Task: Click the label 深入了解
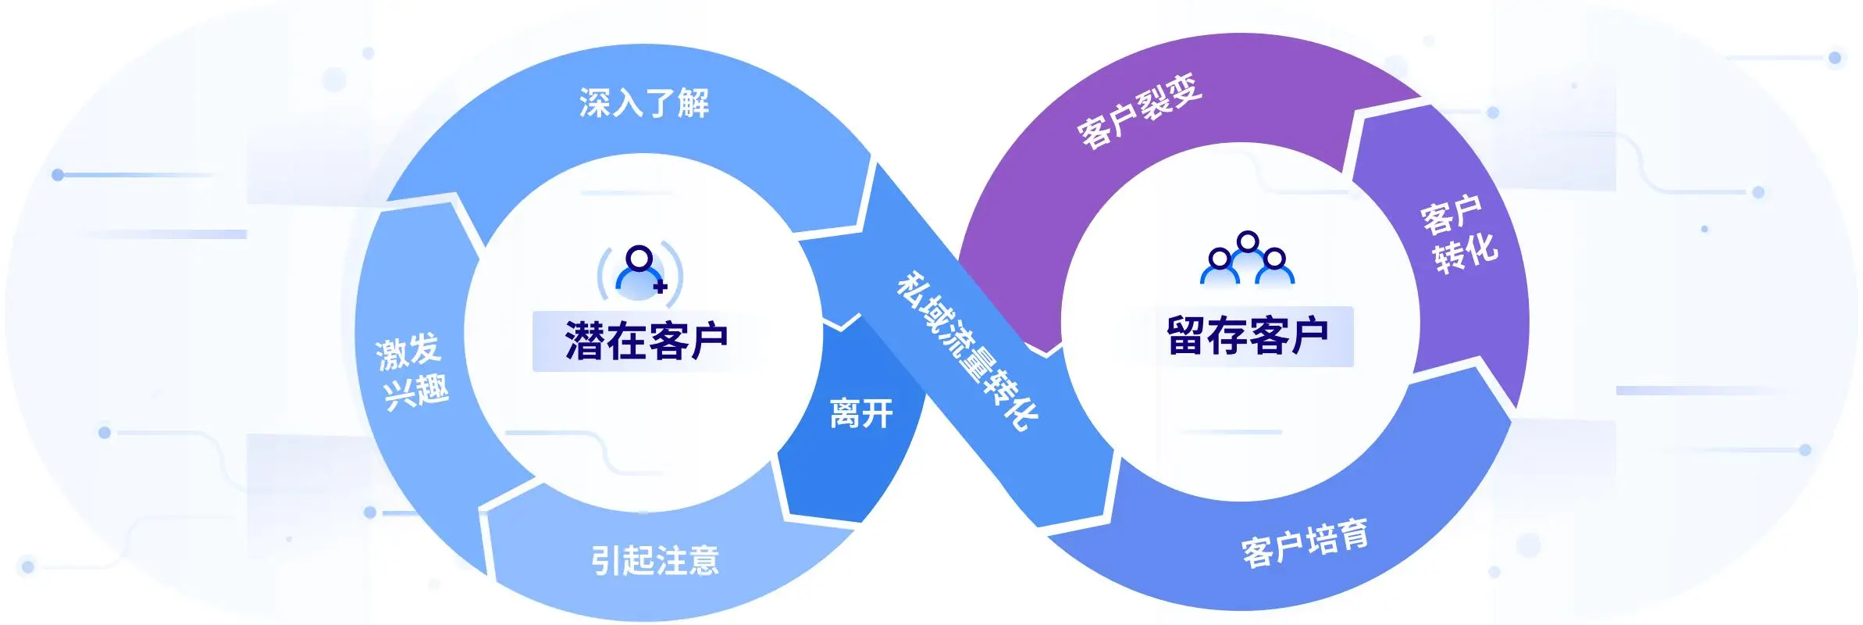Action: pos(644,103)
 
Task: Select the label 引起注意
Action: pos(654,560)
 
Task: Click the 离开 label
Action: pos(861,413)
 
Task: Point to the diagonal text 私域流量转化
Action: pos(967,351)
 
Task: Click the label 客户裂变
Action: pos(1139,111)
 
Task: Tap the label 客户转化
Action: pos(1458,234)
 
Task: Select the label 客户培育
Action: pos(1304,542)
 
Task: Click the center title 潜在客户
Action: pos(647,341)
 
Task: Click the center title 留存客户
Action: pos(1247,336)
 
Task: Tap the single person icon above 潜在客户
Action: pos(640,271)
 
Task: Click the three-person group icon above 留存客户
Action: pos(1247,259)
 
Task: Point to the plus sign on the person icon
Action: pos(661,287)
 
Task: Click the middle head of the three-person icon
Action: pos(1248,241)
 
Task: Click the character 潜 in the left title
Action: pos(585,341)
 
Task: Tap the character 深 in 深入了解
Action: pos(595,103)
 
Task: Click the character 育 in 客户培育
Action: pos(1354,534)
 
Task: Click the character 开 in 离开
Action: pos(878,413)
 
